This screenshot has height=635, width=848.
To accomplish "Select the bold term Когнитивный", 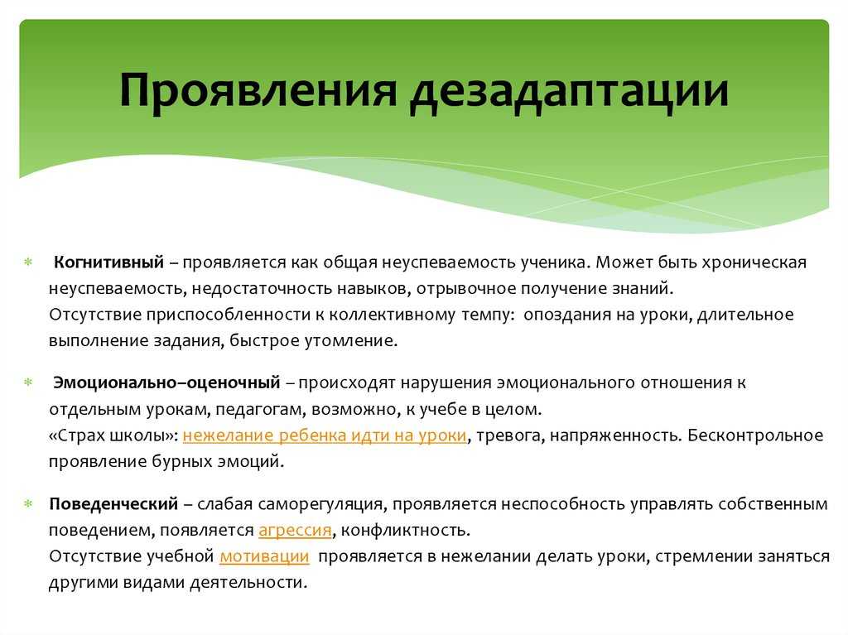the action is [108, 262].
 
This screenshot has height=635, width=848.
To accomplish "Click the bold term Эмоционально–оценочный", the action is [166, 382].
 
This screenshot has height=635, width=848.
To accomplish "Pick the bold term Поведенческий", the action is [113, 504].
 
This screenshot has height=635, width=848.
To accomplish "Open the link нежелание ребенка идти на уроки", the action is [325, 435].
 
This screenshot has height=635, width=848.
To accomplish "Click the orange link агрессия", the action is [296, 530].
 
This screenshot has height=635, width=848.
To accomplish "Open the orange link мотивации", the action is [264, 556].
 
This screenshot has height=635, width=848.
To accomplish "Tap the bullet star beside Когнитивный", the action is [28, 262].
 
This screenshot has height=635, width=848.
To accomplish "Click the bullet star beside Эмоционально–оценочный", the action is [28, 382].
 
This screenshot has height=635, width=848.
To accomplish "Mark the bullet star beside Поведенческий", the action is [28, 504].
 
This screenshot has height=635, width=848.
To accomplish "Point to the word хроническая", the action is [754, 263].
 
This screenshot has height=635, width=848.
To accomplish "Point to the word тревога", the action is [510, 436].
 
